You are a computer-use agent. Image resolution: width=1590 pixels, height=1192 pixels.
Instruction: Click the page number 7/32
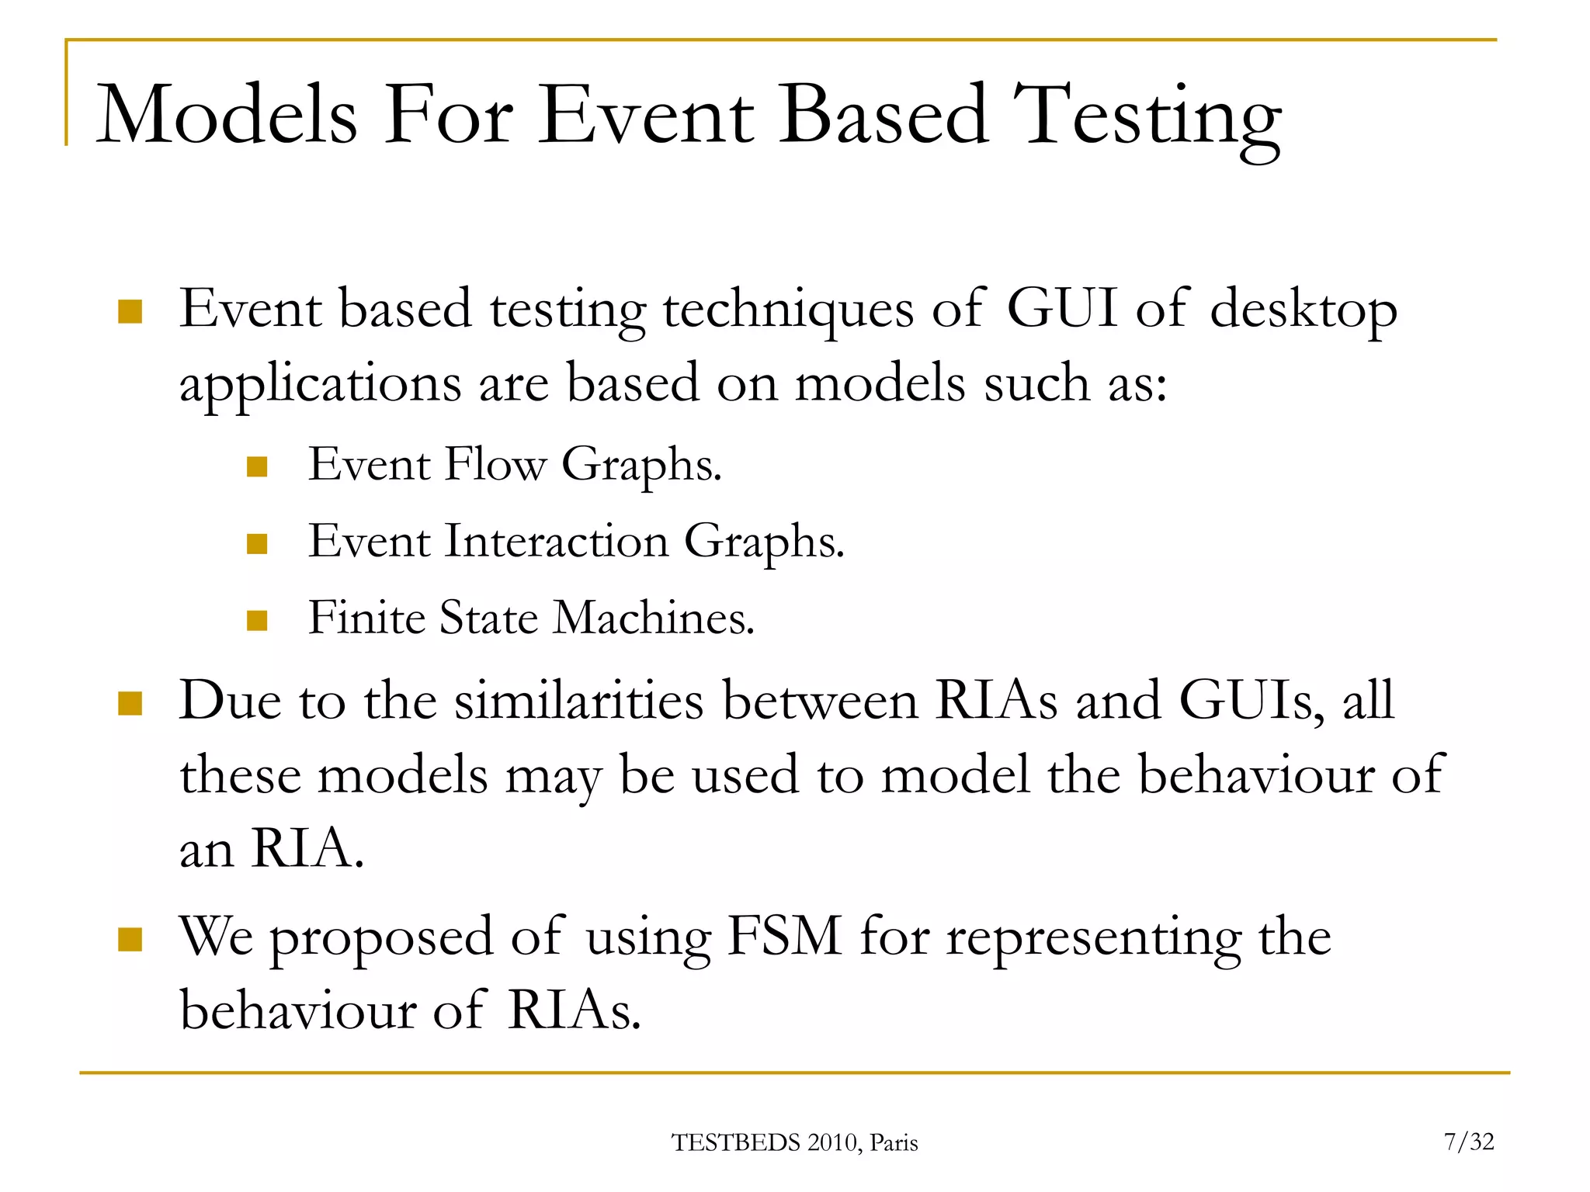1469,1142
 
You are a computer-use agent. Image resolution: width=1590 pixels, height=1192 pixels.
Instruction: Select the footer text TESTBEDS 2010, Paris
794,1143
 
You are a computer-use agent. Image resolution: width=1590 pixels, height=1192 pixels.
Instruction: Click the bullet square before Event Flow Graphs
257,466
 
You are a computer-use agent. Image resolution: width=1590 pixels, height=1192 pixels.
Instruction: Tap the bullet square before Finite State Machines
257,620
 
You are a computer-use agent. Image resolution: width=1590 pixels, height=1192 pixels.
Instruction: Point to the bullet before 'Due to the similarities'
130,703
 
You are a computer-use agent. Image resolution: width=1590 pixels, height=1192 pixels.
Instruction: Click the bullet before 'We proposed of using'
130,940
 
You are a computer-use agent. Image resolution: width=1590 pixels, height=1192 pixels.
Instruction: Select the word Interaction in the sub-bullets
556,541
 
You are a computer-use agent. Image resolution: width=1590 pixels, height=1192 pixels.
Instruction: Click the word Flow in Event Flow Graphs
496,465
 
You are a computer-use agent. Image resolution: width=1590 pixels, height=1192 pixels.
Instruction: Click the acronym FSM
784,937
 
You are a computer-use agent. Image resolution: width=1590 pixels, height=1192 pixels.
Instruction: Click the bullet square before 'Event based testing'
130,312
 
